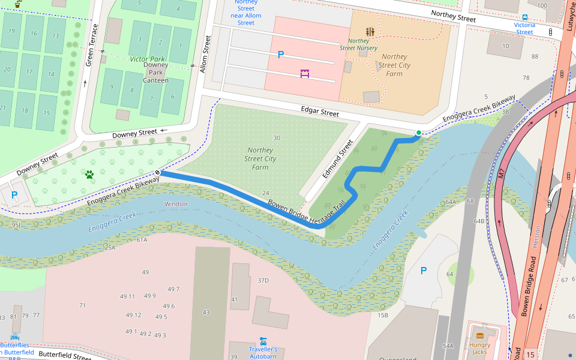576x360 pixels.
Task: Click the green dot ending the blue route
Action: [x=419, y=133]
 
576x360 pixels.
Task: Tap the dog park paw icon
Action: [x=89, y=175]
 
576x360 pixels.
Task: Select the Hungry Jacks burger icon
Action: [x=479, y=335]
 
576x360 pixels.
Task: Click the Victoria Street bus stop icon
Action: [x=525, y=17]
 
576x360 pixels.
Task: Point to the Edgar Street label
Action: [x=322, y=112]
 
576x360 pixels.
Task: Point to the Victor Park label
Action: [x=148, y=59]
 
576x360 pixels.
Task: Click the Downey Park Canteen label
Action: [x=155, y=73]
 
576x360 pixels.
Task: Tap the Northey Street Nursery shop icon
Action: [x=370, y=31]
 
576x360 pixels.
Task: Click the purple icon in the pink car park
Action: [x=305, y=74]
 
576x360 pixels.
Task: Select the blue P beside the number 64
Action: [x=423, y=271]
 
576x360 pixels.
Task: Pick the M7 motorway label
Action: [x=502, y=174]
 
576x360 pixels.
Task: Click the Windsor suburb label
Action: [x=176, y=204]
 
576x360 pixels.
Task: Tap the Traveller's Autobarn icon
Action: [x=263, y=340]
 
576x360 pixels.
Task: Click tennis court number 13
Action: [x=55, y=35]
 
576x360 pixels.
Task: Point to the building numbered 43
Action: [x=206, y=312]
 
